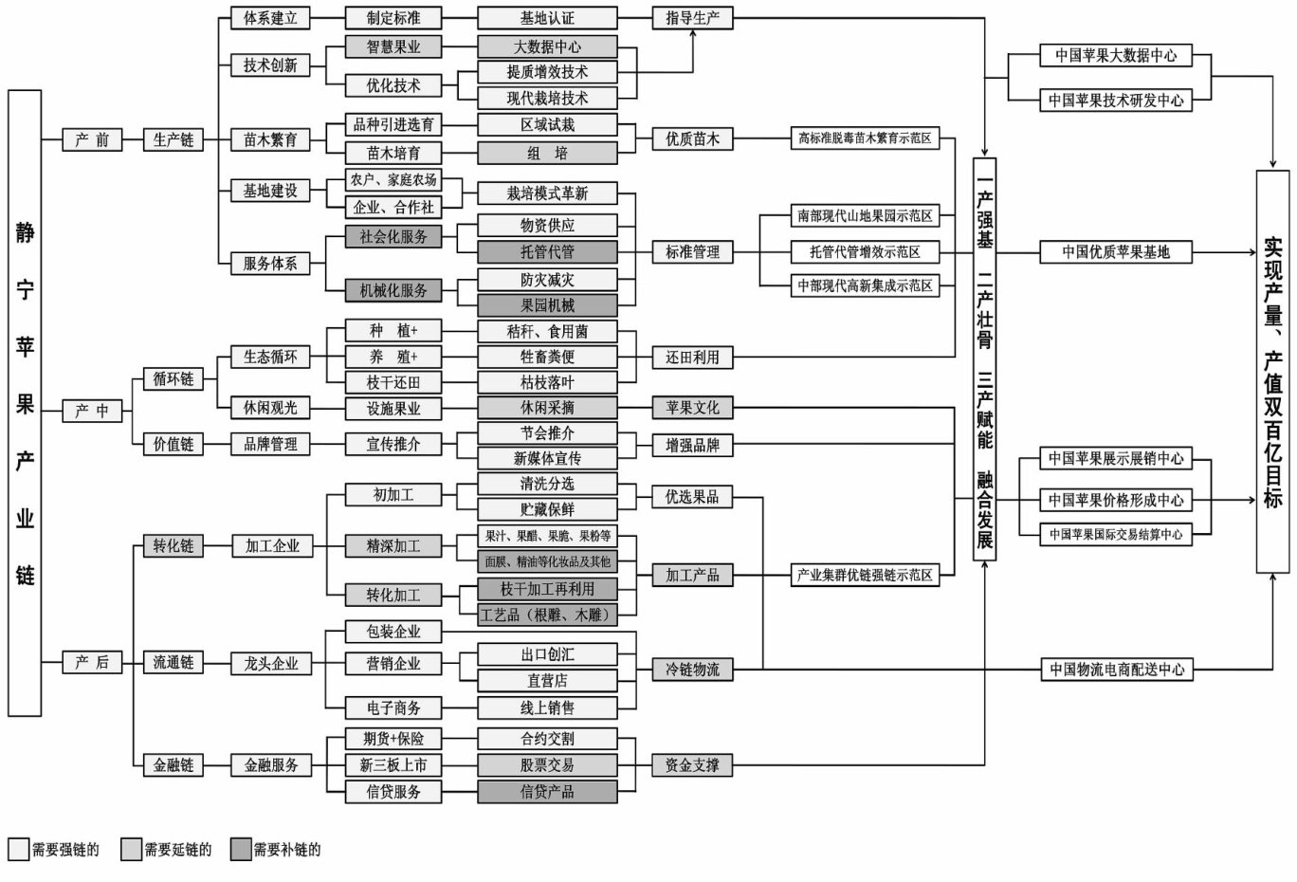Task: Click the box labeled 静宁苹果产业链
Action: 25,402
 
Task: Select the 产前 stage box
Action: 92,139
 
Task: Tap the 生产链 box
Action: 174,139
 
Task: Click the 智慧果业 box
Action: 393,46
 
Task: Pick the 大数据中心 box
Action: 547,46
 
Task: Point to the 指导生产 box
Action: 692,18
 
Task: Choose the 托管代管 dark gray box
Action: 547,252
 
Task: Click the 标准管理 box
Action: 692,252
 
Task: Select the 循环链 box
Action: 174,378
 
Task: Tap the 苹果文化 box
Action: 692,408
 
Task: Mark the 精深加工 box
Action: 393,546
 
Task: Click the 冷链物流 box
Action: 692,670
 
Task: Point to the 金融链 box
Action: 174,764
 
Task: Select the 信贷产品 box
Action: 547,791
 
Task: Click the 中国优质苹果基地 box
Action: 1116,252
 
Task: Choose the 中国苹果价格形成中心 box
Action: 1116,500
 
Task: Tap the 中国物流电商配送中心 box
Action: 1116,670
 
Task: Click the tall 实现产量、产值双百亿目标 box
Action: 1272,372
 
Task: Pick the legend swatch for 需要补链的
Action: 241,849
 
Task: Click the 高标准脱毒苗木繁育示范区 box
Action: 865,138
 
